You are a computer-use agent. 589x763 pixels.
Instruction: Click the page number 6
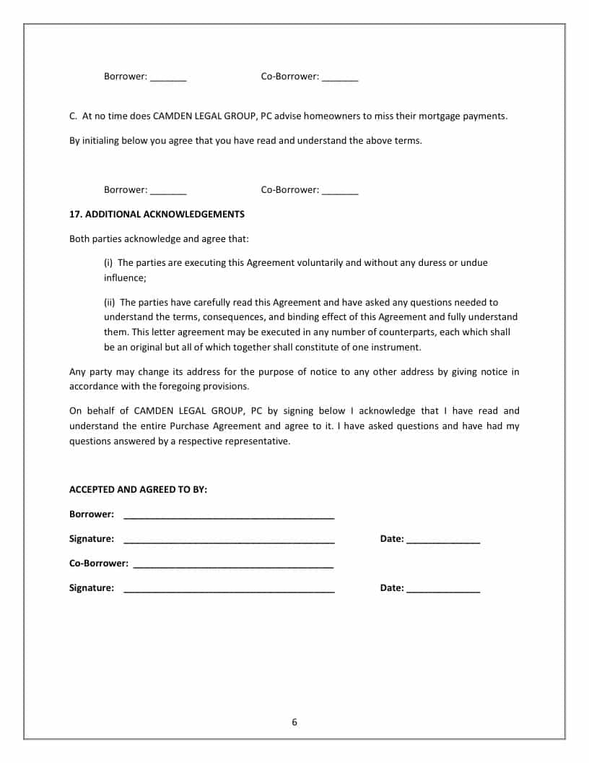pyautogui.click(x=294, y=722)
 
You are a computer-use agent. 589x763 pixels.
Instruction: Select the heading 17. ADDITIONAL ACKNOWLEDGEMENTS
pyautogui.click(x=157, y=215)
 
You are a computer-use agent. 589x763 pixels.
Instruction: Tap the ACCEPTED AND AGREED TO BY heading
pyautogui.click(x=138, y=490)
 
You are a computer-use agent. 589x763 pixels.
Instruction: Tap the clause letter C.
pyautogui.click(x=73, y=116)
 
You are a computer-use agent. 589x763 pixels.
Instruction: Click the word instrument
pyautogui.click(x=396, y=348)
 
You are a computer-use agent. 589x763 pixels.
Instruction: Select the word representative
pyautogui.click(x=258, y=441)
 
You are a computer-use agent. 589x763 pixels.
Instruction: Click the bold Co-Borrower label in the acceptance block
pyautogui.click(x=99, y=564)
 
